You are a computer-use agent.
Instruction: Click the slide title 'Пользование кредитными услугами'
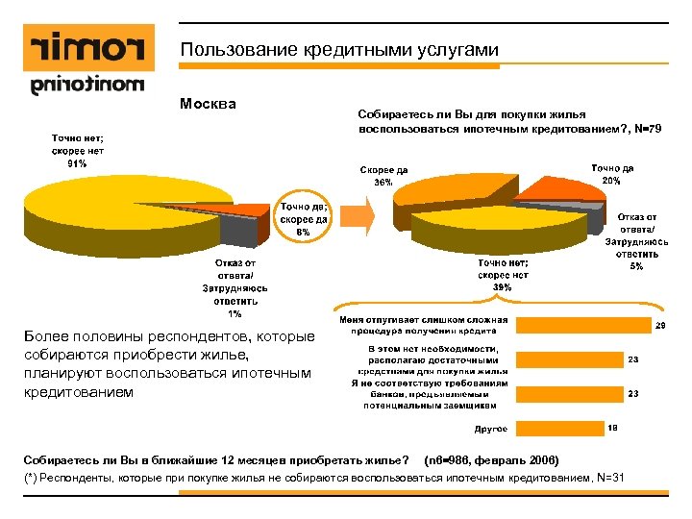pos(338,50)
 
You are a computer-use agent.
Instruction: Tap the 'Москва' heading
pos(209,103)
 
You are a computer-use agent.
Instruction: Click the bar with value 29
pos(582,328)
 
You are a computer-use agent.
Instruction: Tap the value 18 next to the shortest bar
pos(613,427)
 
